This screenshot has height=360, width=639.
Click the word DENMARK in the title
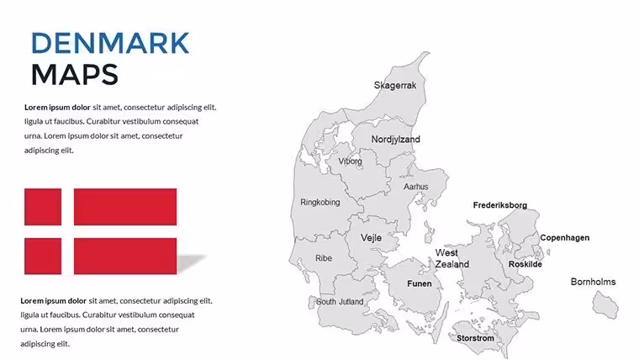(x=110, y=43)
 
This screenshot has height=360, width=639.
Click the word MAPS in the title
(x=75, y=75)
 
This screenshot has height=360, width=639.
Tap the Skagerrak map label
(x=395, y=86)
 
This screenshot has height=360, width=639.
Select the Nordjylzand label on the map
(x=395, y=140)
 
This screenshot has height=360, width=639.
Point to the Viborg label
(x=350, y=161)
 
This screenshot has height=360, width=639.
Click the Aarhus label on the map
(x=415, y=187)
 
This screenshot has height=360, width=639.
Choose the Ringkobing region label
(x=319, y=202)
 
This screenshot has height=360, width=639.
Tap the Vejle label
(x=371, y=238)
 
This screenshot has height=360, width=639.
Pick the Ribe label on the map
(x=324, y=258)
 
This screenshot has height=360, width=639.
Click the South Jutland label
(x=340, y=302)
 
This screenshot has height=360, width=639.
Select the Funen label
(x=420, y=283)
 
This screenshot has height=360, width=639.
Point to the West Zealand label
(x=452, y=258)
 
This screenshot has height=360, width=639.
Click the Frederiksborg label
(x=500, y=205)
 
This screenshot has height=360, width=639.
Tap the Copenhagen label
(x=564, y=238)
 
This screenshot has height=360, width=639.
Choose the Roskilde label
(x=525, y=264)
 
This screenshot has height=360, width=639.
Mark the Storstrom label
(x=475, y=338)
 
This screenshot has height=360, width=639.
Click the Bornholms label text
(x=593, y=282)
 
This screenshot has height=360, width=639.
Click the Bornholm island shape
(x=605, y=305)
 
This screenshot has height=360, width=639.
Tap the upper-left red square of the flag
(x=43, y=207)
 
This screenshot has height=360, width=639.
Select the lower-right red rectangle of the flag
(x=125, y=256)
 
